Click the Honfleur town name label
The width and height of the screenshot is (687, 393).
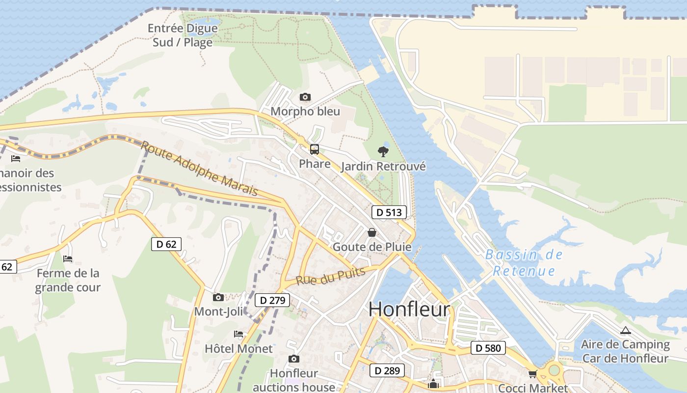(409, 309)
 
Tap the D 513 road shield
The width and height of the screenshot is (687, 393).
(389, 212)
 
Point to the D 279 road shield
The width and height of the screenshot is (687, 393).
(272, 300)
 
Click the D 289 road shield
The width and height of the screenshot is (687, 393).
(387, 370)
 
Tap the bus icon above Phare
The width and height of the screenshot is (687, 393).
(315, 149)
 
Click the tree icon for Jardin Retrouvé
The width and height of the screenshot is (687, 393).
(383, 152)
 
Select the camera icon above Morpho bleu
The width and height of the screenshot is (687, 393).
(305, 97)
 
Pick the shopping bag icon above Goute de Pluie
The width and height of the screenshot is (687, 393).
(372, 232)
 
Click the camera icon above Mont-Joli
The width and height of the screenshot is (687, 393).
(218, 297)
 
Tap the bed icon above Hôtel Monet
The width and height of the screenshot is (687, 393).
(238, 334)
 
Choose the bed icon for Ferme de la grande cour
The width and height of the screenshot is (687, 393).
(68, 258)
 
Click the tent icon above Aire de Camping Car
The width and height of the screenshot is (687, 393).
(625, 331)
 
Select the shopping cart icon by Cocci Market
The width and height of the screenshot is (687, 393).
(533, 374)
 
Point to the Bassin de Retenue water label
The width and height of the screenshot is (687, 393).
(524, 263)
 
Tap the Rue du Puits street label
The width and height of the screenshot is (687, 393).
(330, 277)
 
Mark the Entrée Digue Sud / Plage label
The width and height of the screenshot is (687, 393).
(183, 35)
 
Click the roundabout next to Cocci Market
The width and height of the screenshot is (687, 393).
(554, 369)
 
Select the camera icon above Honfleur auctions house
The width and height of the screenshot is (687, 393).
(293, 359)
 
